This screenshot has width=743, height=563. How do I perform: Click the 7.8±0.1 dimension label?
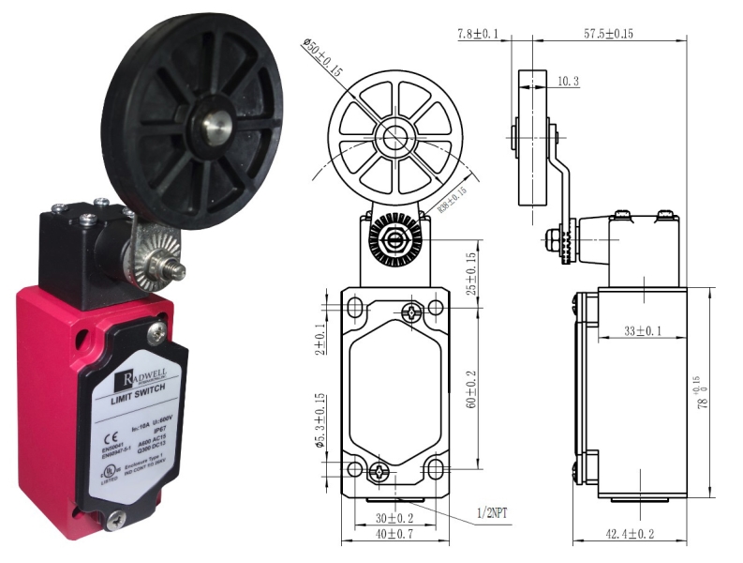(x=478, y=35)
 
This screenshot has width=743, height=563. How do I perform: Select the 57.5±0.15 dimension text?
(x=608, y=35)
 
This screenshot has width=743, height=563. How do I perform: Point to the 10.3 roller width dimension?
(x=568, y=82)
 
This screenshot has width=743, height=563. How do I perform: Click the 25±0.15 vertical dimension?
(x=472, y=272)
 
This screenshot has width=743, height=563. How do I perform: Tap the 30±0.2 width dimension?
(x=393, y=518)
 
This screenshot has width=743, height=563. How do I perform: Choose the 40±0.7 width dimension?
(x=394, y=535)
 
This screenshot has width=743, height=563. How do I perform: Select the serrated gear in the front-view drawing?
(x=388, y=239)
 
